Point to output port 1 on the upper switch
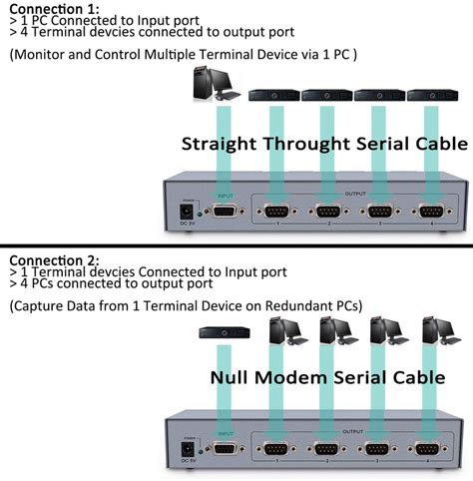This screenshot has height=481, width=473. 273,212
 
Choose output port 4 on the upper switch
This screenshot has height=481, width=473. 430,212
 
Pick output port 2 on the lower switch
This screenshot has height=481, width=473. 326,450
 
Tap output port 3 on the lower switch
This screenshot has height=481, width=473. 378,450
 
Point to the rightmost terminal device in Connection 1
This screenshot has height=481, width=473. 430,97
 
